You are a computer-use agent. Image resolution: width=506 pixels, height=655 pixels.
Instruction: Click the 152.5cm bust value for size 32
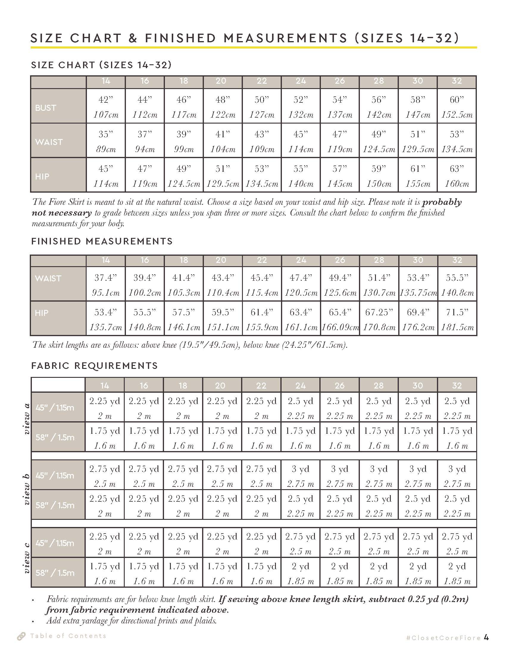(457, 115)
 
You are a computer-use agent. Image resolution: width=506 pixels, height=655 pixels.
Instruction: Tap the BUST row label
(46, 108)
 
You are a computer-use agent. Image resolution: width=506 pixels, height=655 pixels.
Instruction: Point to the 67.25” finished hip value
(379, 313)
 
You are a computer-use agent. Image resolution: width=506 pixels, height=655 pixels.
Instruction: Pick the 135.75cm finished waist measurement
(418, 293)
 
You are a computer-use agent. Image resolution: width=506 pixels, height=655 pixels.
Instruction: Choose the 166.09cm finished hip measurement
(340, 327)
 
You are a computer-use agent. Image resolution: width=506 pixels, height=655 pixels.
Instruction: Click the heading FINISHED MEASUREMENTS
(102, 241)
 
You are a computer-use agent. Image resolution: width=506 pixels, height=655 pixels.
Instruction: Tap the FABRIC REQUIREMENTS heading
(94, 366)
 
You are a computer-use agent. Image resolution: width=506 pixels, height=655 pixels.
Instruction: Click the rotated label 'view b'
(26, 489)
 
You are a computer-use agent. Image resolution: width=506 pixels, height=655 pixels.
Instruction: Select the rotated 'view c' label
(26, 558)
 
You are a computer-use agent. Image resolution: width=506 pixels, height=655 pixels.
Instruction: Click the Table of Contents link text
(68, 636)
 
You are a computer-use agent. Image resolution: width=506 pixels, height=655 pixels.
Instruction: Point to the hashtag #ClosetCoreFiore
(443, 638)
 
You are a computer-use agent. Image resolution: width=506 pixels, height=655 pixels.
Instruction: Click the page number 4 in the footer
(486, 637)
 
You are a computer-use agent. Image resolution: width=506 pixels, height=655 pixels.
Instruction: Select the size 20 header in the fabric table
(220, 385)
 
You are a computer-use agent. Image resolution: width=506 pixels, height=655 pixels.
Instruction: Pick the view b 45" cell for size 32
(457, 476)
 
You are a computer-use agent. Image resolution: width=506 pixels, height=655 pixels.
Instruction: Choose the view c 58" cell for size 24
(300, 573)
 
